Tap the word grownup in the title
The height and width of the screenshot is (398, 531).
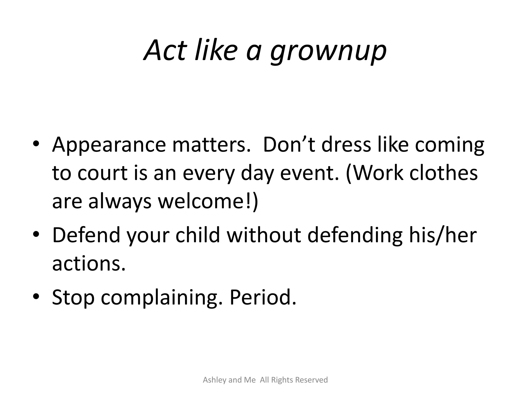click(x=328, y=52)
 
